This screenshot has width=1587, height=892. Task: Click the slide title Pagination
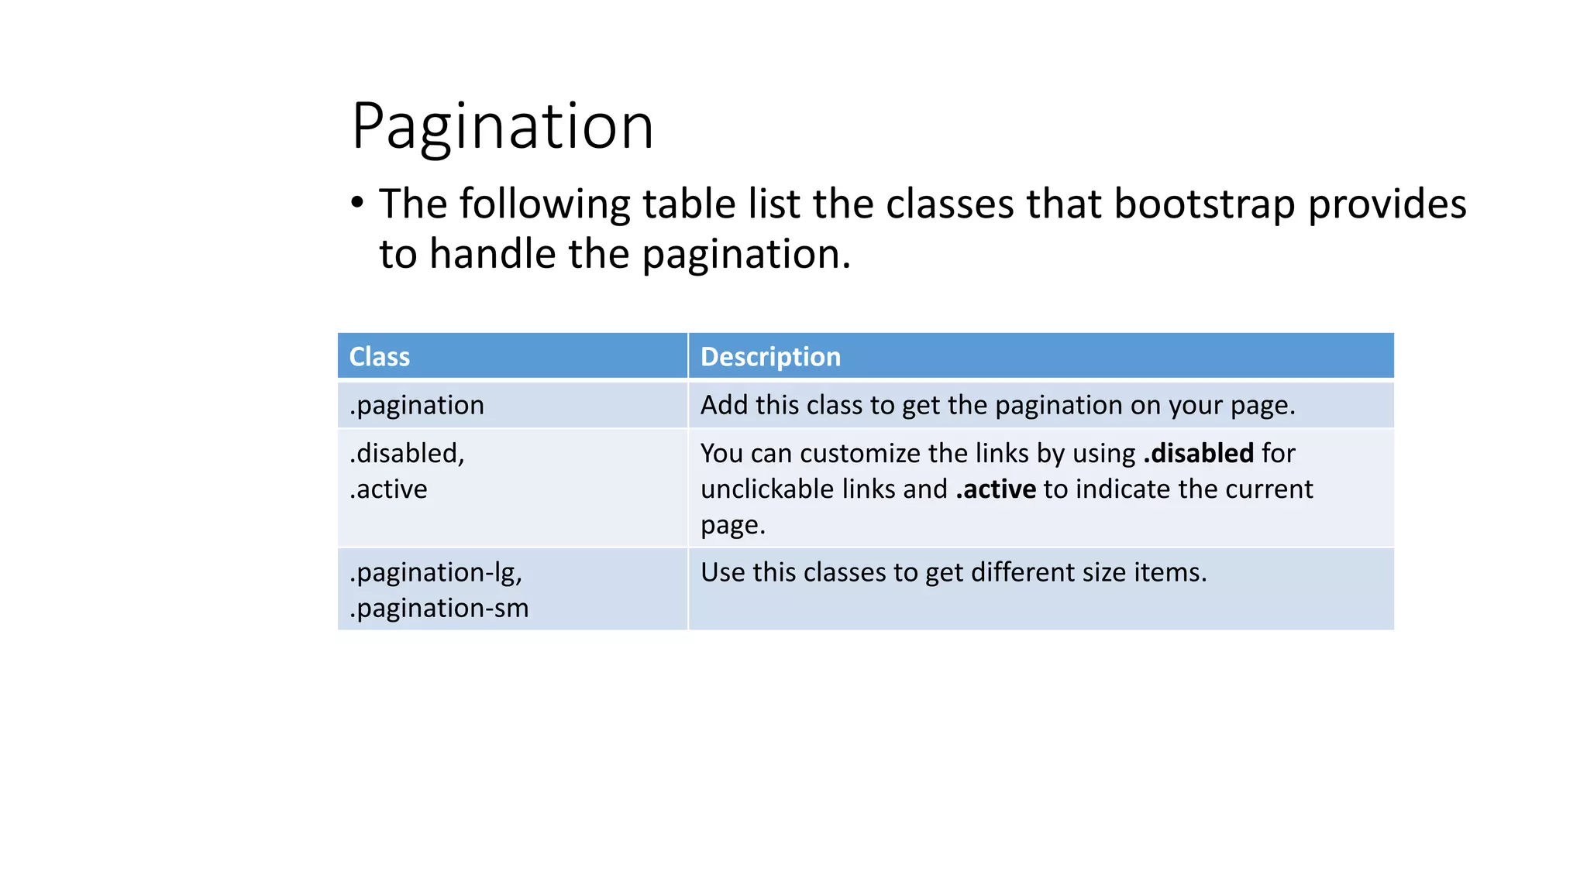click(x=502, y=126)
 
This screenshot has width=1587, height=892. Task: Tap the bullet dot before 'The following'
click(x=357, y=204)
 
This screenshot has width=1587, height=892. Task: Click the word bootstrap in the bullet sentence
click(x=1204, y=205)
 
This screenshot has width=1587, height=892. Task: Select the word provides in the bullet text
click(x=1387, y=205)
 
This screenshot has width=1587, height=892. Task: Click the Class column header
click(x=379, y=357)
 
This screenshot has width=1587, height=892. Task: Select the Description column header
click(x=770, y=357)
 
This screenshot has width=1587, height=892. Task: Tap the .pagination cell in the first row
click(x=417, y=406)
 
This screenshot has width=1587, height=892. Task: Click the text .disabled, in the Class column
click(x=407, y=453)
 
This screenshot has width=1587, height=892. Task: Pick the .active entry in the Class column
click(x=388, y=489)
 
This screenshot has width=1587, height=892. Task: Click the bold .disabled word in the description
click(x=1198, y=453)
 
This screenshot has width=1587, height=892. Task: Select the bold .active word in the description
click(x=996, y=489)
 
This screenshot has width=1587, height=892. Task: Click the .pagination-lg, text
click(x=435, y=572)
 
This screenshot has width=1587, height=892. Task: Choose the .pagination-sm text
click(x=439, y=609)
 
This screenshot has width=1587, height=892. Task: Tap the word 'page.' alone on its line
click(x=732, y=526)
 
